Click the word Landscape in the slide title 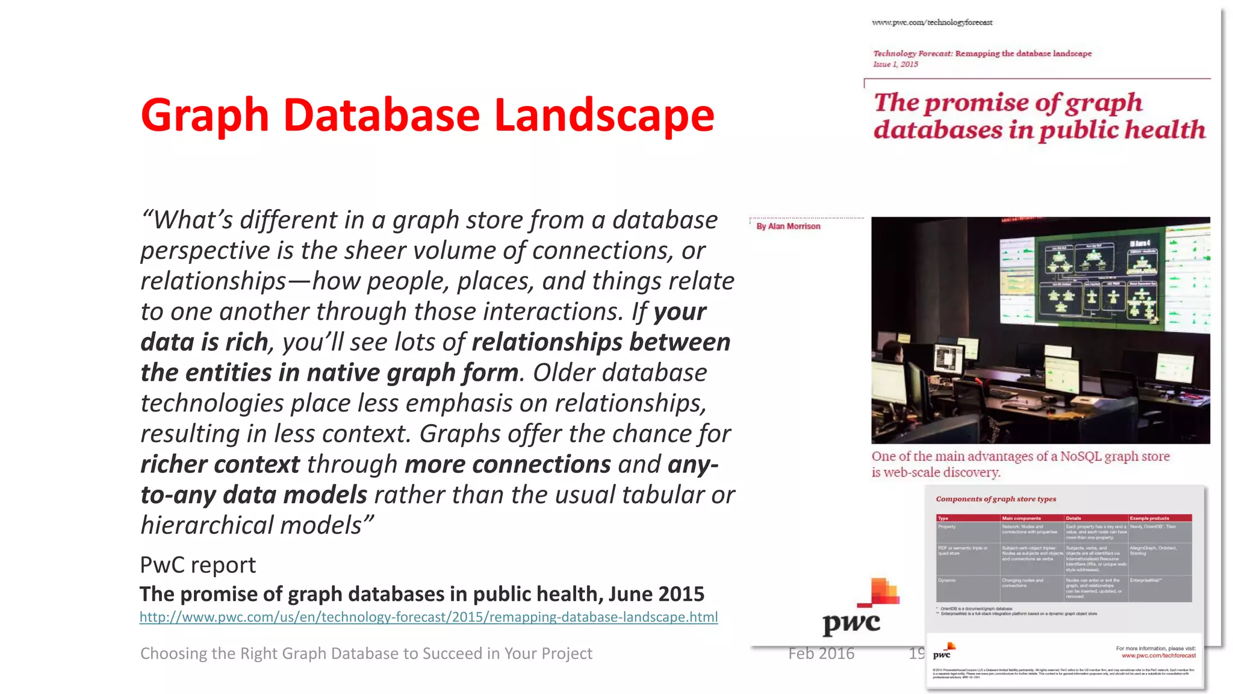pos(604,115)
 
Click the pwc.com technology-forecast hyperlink pos(428,617)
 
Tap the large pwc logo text pos(851,623)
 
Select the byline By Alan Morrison pos(788,227)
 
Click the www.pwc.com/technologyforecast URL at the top pos(931,23)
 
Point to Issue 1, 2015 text pos(895,64)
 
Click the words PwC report pos(197,565)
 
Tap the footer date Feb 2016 pos(821,654)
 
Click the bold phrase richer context pos(220,464)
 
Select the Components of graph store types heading pos(995,499)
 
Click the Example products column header pos(1149,518)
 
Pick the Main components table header pos(1020,518)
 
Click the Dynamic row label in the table pos(946,581)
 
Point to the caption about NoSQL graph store pos(1020,464)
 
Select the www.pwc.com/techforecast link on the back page pos(1158,656)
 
